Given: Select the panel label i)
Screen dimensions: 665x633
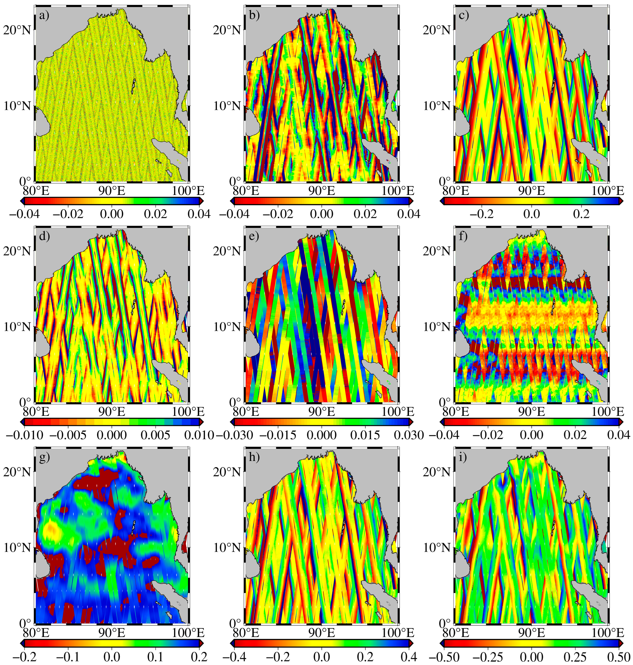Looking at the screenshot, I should [463, 457].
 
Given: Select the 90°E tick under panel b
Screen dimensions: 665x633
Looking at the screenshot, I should [321, 191].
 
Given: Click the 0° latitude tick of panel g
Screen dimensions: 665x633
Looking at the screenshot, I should [25, 622].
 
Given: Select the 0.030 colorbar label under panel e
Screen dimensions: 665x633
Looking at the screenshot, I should [409, 435].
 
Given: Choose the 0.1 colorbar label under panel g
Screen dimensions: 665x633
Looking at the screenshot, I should [155, 657].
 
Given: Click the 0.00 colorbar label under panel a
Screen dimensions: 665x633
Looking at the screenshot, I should [112, 214].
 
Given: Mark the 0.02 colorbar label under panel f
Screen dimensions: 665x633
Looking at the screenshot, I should [575, 435].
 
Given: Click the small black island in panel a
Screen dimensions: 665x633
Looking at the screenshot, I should [133, 86].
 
